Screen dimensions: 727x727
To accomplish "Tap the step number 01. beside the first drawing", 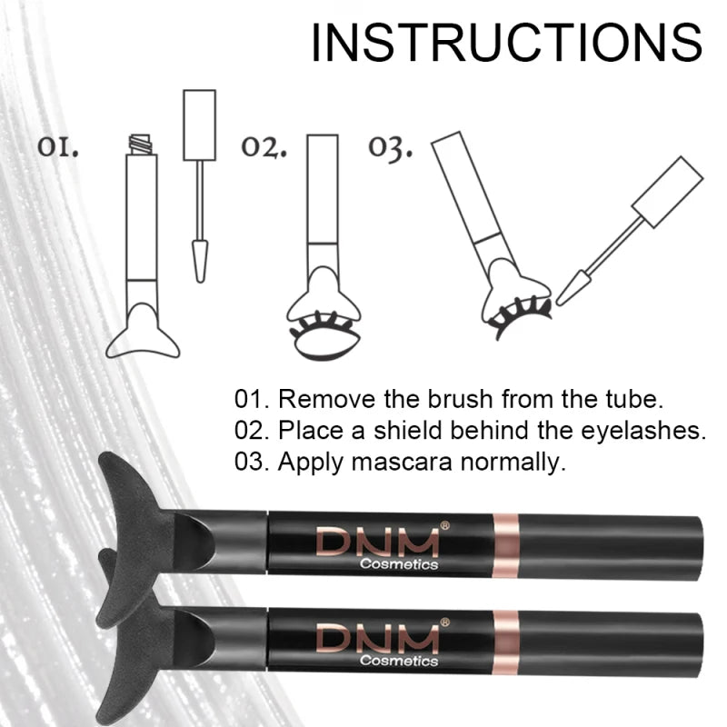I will pyautogui.click(x=58, y=146).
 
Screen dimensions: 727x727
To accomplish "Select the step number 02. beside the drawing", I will pyautogui.click(x=264, y=147).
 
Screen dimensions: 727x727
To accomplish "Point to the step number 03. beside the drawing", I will pyautogui.click(x=390, y=147).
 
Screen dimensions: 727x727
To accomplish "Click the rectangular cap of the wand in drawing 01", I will pyautogui.click(x=199, y=124).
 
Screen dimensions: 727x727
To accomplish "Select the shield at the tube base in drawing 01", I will pyautogui.click(x=142, y=333).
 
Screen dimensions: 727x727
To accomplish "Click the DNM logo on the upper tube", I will pyautogui.click(x=376, y=542).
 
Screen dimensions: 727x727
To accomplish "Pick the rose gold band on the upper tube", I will pyautogui.click(x=504, y=545).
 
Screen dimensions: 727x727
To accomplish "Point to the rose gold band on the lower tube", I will pyautogui.click(x=504, y=641).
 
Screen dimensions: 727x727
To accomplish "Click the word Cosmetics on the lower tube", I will pyautogui.click(x=398, y=661).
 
